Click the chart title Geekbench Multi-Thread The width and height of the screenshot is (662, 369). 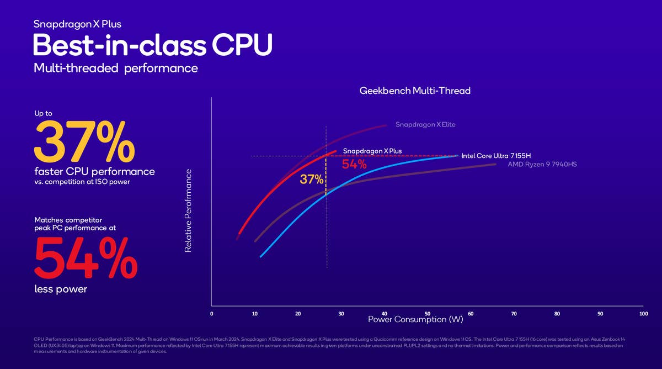[x=415, y=91]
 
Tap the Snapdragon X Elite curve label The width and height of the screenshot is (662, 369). [x=425, y=125]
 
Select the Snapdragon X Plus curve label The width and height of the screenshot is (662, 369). [x=372, y=151]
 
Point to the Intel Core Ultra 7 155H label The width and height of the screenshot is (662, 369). [x=496, y=156]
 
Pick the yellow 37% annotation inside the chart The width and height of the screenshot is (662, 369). [x=312, y=179]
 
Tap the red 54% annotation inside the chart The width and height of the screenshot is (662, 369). [x=354, y=165]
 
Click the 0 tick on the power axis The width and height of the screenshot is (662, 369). [x=212, y=314]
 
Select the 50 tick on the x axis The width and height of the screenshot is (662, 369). [x=428, y=314]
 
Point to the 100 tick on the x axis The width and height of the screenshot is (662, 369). [x=643, y=314]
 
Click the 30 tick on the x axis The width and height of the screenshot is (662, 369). [x=341, y=314]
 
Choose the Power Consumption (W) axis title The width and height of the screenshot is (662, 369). [x=415, y=320]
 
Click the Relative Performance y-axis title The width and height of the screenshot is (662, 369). [x=188, y=210]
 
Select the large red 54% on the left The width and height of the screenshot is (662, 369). [x=86, y=258]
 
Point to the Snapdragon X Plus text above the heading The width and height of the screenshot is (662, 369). [x=77, y=24]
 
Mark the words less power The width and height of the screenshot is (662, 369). [x=61, y=288]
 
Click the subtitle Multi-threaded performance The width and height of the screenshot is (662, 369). [x=115, y=68]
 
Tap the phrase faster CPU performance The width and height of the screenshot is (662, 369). [x=94, y=172]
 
